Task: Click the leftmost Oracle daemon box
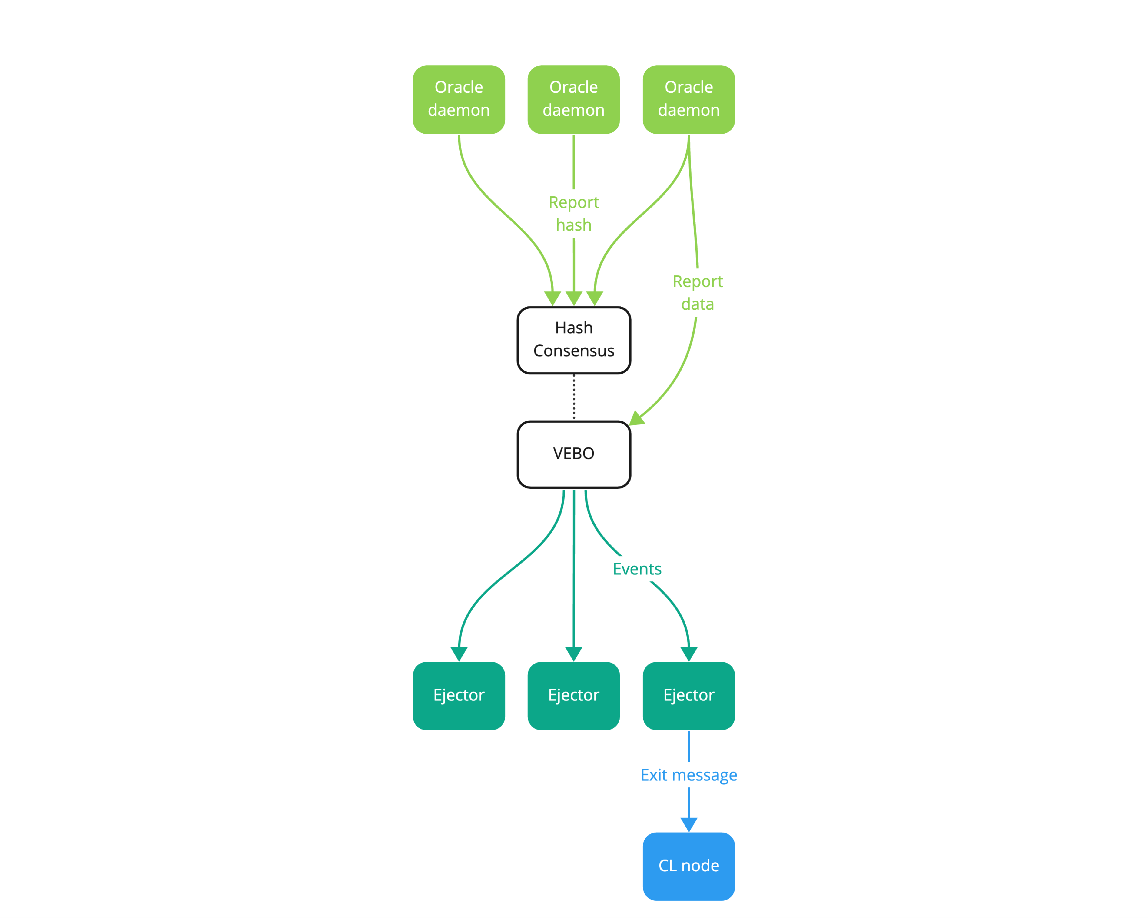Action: click(x=459, y=100)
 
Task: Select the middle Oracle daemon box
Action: click(x=573, y=100)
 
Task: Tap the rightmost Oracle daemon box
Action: click(x=688, y=100)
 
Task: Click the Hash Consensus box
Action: click(x=573, y=340)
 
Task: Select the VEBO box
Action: click(x=573, y=454)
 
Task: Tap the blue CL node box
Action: click(x=688, y=866)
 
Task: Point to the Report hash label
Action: click(x=573, y=214)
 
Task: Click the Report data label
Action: click(x=698, y=292)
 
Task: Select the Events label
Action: click(x=637, y=569)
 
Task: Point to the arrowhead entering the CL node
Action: click(x=688, y=825)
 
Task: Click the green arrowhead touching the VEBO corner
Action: click(x=636, y=418)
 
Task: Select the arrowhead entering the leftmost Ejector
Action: click(x=459, y=654)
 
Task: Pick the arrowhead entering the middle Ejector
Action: click(x=573, y=654)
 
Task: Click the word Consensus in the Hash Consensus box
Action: click(x=573, y=351)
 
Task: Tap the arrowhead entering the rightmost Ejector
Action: click(x=688, y=654)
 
